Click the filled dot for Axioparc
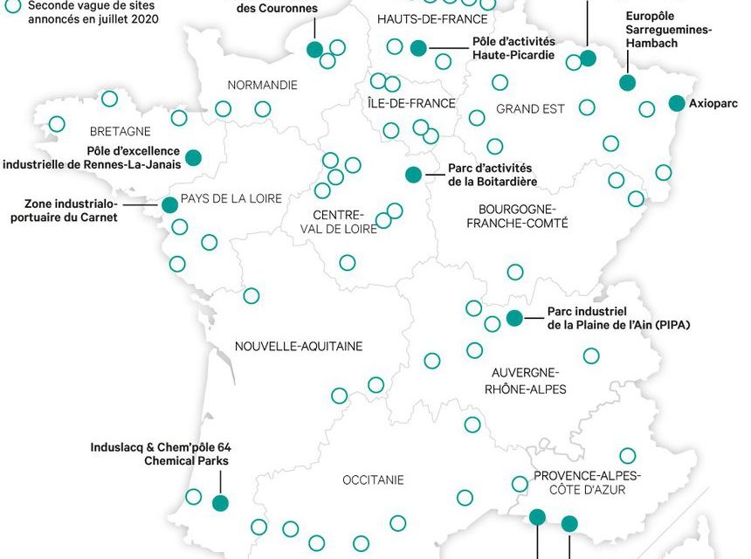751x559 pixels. (676, 103)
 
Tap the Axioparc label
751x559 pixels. (713, 103)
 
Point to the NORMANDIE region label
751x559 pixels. (262, 86)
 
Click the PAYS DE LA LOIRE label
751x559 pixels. (231, 199)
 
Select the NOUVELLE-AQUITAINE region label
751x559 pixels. (299, 347)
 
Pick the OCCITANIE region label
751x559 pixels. (373, 480)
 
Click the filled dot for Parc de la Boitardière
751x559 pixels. (413, 175)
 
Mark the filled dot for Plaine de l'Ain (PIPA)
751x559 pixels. (513, 318)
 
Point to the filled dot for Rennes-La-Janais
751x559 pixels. (193, 157)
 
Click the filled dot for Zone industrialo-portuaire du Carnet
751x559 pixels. (169, 204)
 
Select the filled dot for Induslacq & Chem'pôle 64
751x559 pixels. (220, 502)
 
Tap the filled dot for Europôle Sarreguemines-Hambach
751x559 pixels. (627, 83)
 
